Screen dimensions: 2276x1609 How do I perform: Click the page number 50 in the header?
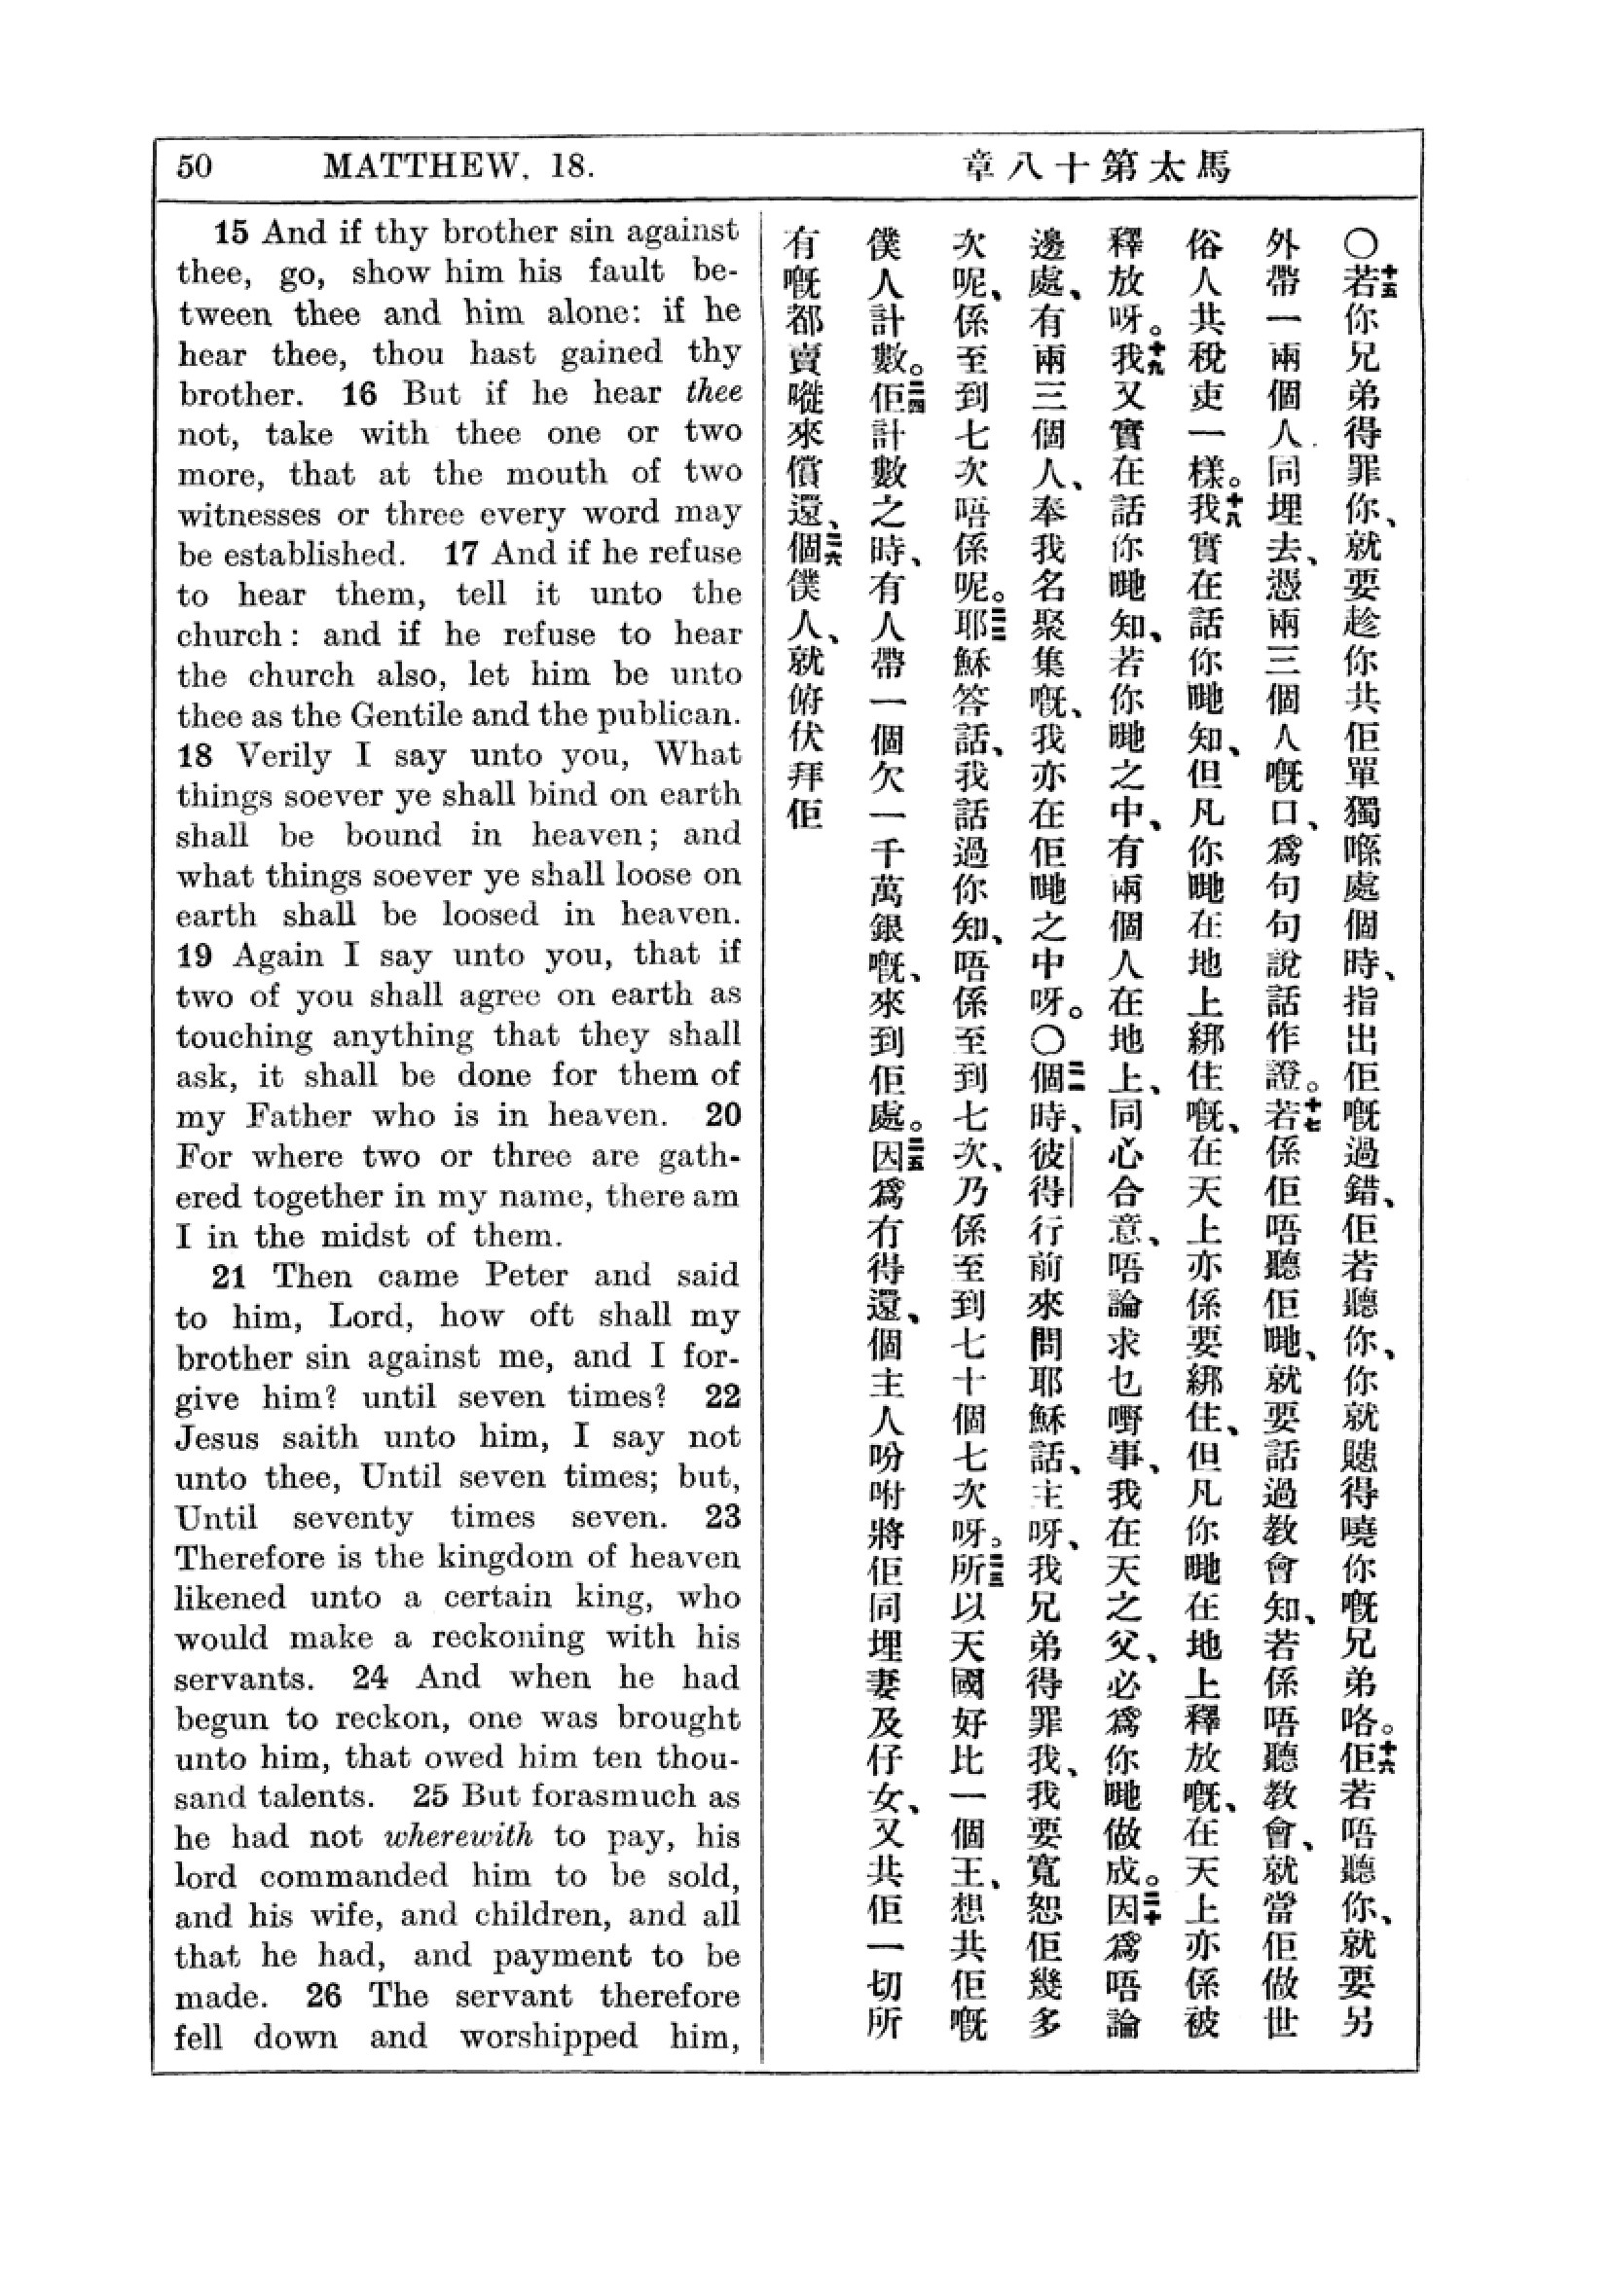(195, 165)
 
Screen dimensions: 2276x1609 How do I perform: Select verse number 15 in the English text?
(231, 233)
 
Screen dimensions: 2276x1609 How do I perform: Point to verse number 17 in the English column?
(461, 553)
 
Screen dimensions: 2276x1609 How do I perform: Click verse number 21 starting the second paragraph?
(229, 1276)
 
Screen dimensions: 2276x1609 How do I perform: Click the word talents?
(313, 1796)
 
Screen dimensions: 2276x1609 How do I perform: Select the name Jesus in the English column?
(220, 1436)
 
